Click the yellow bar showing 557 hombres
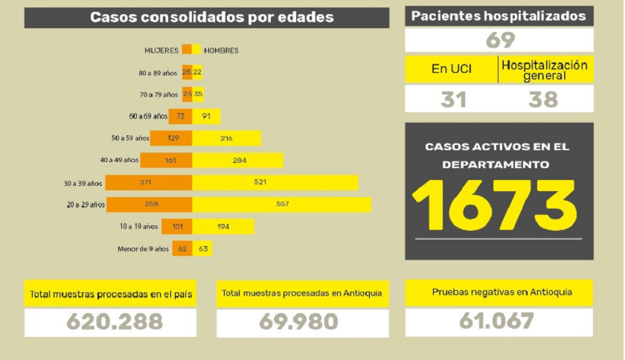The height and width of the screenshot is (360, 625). pos(281,205)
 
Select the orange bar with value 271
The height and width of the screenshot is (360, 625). pos(149,182)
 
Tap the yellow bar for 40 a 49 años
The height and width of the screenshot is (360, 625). pos(237,160)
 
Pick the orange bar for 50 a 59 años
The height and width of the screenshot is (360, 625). pos(171,138)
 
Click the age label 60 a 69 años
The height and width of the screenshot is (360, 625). pos(147,116)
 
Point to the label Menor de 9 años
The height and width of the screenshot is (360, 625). pos(143,248)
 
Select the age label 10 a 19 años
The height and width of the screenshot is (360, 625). pos(138,226)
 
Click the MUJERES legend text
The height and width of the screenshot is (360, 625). pos(161,51)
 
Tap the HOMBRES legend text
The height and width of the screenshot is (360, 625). pos(221,51)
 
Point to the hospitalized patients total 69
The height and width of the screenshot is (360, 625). pos(499,40)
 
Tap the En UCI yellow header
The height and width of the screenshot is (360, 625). pos(451,69)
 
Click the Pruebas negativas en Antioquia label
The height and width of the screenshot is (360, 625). pos(499,292)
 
